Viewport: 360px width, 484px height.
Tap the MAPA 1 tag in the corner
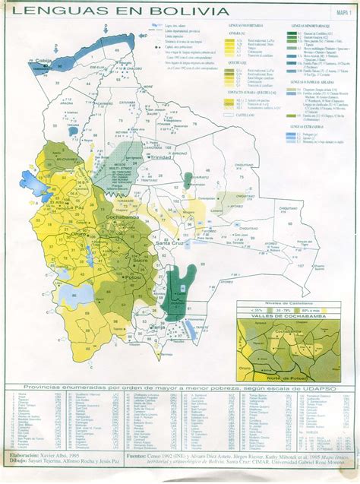(345, 11)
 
